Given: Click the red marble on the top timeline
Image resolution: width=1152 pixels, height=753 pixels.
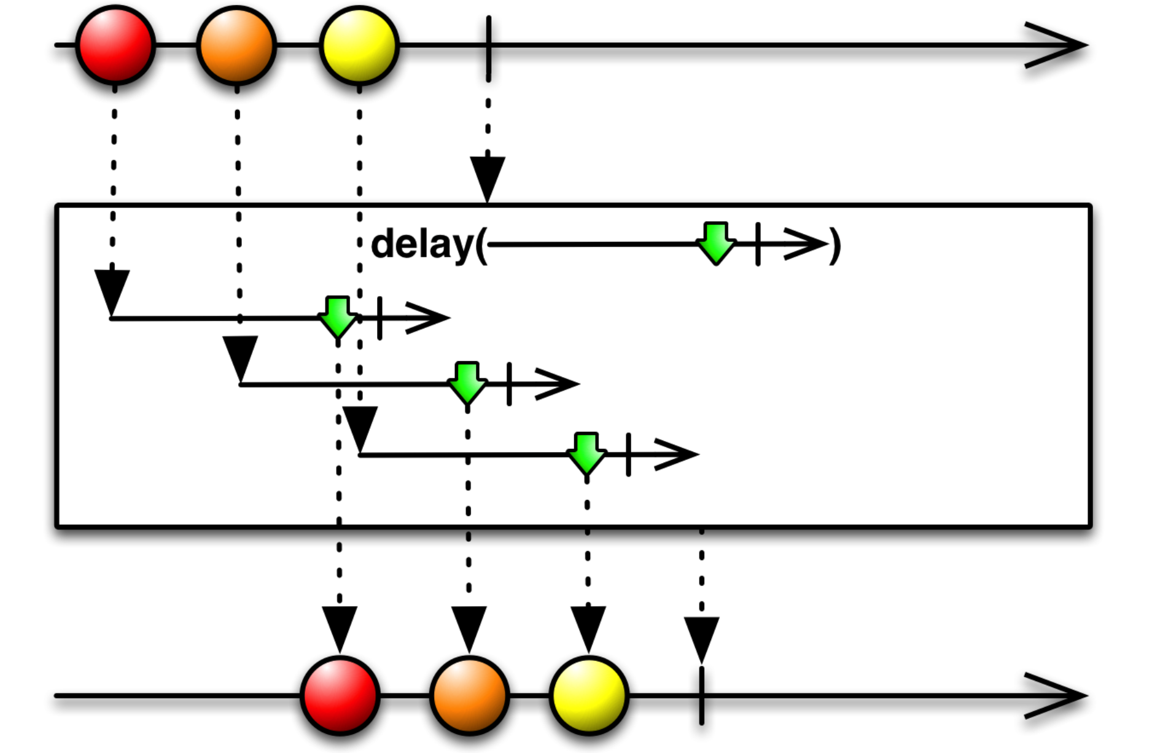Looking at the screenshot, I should (x=115, y=45).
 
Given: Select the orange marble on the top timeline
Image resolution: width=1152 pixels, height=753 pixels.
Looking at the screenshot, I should (x=236, y=45).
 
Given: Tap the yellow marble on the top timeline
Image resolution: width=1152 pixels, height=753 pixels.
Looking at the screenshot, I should (x=359, y=45).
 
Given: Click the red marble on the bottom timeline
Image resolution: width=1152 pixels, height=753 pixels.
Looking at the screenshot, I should (x=340, y=695).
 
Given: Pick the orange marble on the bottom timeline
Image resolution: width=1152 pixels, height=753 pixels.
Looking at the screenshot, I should (x=469, y=695).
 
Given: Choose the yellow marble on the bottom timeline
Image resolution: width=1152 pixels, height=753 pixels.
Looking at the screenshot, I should (x=588, y=695).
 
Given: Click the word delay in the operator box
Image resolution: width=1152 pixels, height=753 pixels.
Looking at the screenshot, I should (x=421, y=244).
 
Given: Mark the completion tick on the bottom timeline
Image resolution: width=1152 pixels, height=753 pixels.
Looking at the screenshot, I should (x=701, y=696).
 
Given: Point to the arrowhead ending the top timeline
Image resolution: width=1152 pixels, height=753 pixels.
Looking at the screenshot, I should (x=1059, y=45).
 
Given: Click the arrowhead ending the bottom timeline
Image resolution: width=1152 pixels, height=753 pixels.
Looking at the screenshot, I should (x=1059, y=695).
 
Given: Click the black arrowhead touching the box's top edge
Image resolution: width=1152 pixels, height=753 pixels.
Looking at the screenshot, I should (x=488, y=176).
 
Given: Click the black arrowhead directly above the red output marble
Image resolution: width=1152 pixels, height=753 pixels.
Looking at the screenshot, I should (x=340, y=626).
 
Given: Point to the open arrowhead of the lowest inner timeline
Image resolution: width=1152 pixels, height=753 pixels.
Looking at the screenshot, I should (x=679, y=455).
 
